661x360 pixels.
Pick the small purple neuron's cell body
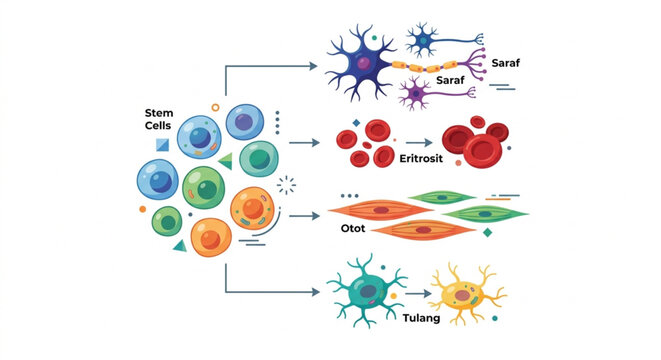click(x=415, y=95)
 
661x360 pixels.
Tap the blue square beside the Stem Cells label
click(x=162, y=146)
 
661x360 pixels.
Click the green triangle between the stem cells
click(x=225, y=160)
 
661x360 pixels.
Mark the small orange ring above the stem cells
click(x=214, y=105)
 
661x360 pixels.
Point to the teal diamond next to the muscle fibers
click(x=487, y=232)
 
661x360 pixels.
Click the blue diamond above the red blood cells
click(x=355, y=123)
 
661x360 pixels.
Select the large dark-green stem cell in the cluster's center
click(x=204, y=187)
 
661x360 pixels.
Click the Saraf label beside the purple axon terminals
click(x=505, y=62)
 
